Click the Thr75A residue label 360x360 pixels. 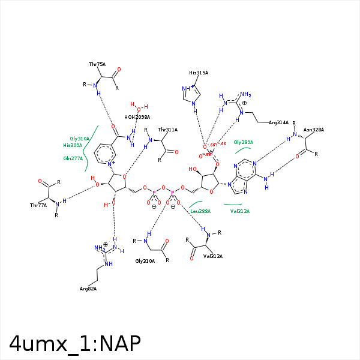point(97,64)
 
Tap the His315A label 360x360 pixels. point(199,73)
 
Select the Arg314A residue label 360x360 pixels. point(279,122)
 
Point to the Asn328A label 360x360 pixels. point(314,130)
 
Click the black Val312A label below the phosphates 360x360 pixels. point(213,256)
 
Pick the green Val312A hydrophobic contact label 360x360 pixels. point(240,211)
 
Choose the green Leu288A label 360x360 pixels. point(200,211)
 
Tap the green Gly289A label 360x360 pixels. point(244,142)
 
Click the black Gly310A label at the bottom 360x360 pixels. point(145,261)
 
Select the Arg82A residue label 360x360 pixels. point(88,289)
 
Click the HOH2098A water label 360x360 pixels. point(137,117)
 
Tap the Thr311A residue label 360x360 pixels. point(167,130)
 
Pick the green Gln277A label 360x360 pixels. point(73,158)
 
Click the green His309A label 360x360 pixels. point(73,145)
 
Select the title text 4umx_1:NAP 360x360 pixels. point(75,343)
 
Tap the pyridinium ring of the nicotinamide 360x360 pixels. point(106,154)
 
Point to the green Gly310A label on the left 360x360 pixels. point(79,139)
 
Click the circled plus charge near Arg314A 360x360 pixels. point(244,103)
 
